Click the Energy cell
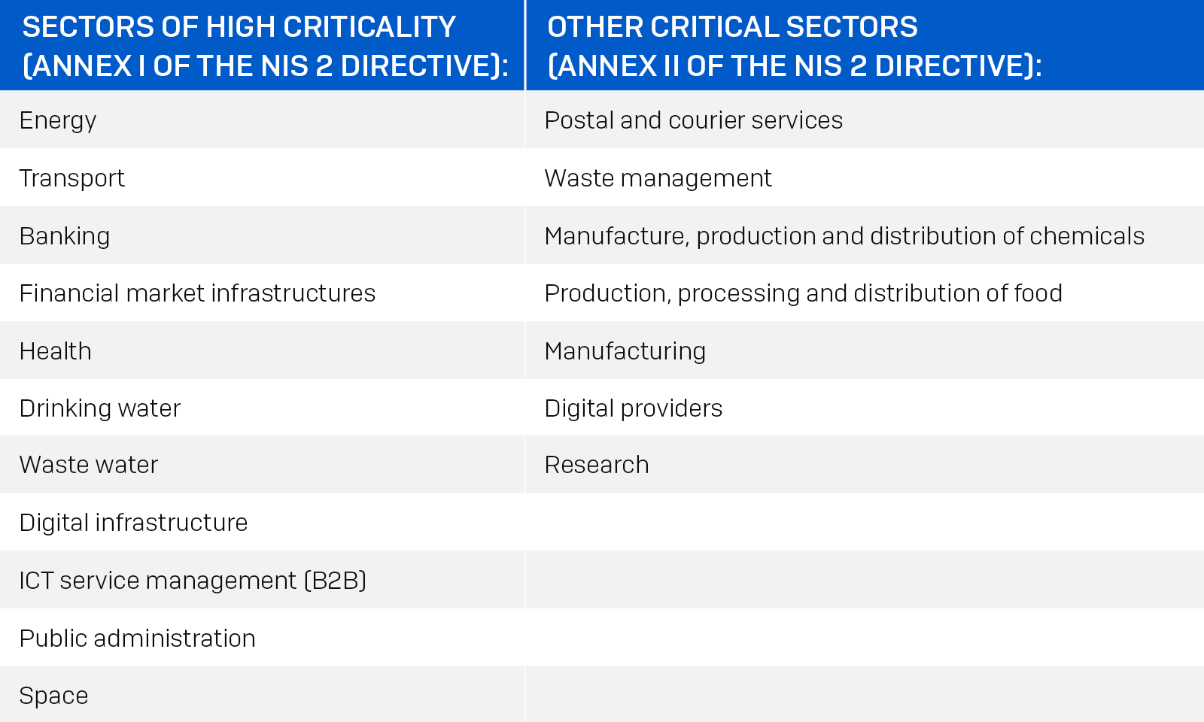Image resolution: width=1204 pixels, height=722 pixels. (58, 120)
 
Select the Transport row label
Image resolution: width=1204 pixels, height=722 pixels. (72, 178)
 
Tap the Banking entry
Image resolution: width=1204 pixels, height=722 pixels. (65, 236)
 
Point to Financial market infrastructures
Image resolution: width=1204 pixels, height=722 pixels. (197, 293)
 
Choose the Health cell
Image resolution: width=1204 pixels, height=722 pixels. (56, 351)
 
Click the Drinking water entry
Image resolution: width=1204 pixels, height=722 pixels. (100, 408)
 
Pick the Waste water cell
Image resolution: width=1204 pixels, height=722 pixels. (89, 465)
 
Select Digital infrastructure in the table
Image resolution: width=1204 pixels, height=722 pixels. (133, 523)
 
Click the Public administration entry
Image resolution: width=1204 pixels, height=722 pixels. (137, 639)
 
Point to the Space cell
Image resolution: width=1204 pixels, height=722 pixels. (53, 696)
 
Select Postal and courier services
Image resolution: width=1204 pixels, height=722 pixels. (693, 120)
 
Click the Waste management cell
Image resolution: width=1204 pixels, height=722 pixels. (658, 178)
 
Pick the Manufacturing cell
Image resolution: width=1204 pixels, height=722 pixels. (625, 351)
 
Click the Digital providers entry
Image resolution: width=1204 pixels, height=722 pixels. (633, 408)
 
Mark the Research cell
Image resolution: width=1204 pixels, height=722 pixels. (596, 465)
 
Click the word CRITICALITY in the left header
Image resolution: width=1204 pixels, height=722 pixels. (369, 27)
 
